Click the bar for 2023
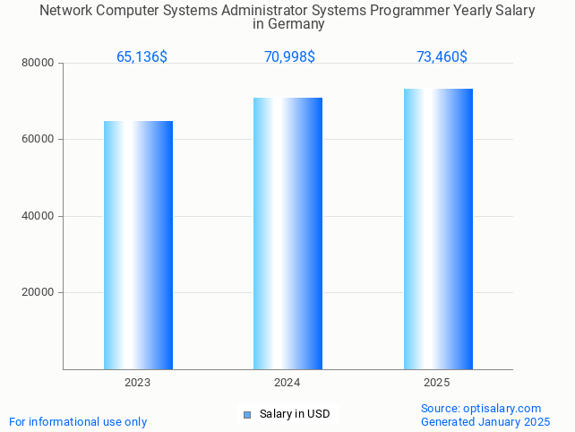(x=138, y=245)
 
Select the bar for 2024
(x=287, y=233)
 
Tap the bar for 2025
(x=438, y=229)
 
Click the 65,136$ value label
(x=142, y=57)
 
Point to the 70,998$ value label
(x=289, y=57)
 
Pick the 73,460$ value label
(x=442, y=57)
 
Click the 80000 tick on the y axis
(x=39, y=64)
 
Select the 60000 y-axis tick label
(x=39, y=140)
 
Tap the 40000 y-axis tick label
(x=39, y=216)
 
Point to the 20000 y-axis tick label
(x=39, y=293)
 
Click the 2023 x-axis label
(x=138, y=383)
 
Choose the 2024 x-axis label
(x=287, y=383)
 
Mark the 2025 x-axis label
(x=437, y=383)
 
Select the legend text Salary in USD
(x=295, y=414)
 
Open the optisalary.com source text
(x=481, y=409)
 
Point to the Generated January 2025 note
(x=485, y=422)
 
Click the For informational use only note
(x=78, y=422)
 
